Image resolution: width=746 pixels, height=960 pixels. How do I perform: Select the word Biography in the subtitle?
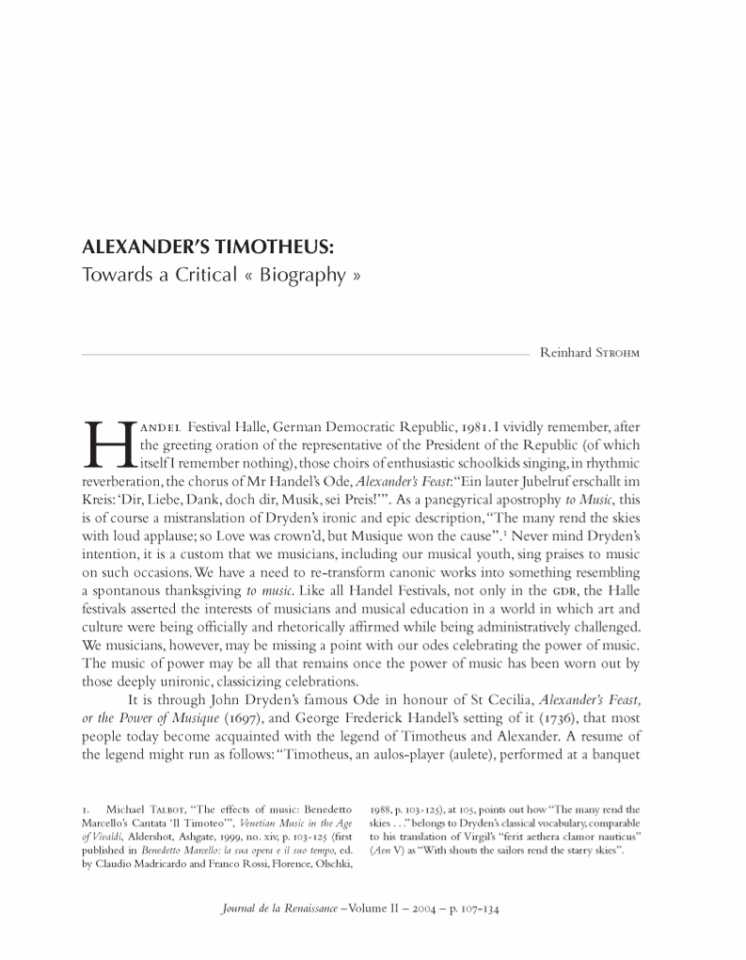click(306, 277)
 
